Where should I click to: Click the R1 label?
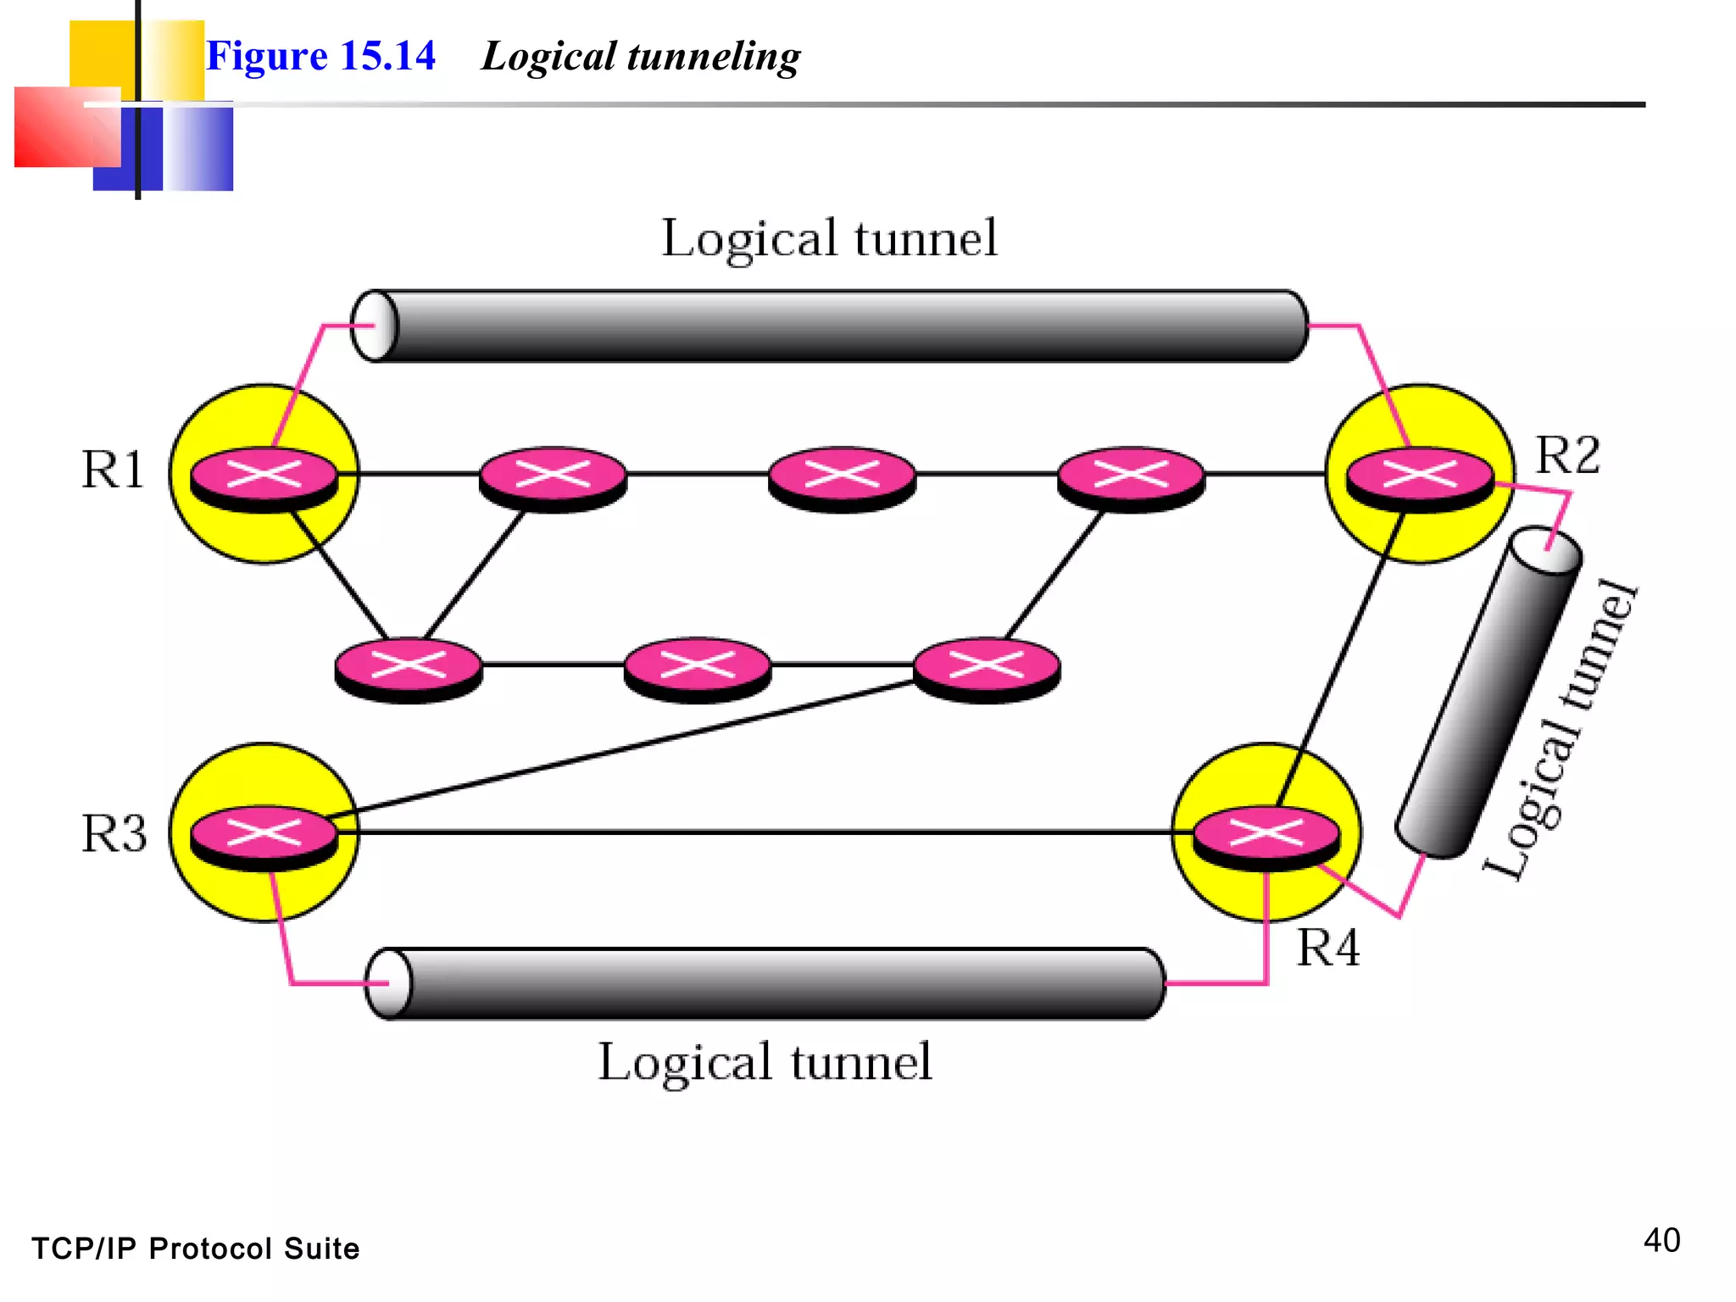(113, 469)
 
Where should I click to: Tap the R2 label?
(1567, 455)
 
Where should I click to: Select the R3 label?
(114, 833)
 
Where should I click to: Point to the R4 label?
(1328, 947)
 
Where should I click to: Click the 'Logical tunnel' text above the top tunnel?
(829, 239)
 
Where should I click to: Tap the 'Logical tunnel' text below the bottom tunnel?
(765, 1062)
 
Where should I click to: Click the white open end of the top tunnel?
(374, 325)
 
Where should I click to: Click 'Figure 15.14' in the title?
(320, 56)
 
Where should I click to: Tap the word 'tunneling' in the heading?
(713, 58)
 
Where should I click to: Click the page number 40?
(1661, 1240)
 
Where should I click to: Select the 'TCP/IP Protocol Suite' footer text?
(196, 1249)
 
